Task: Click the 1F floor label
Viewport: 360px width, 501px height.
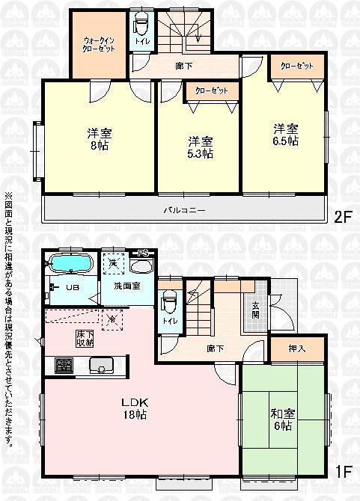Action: point(341,473)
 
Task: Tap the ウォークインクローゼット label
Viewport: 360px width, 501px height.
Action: point(98,43)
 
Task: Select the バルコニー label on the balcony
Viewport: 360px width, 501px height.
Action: point(185,210)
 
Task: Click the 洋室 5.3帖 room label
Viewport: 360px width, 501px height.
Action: point(198,147)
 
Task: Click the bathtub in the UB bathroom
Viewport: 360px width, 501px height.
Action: point(70,265)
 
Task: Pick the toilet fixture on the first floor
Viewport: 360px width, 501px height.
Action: point(169,302)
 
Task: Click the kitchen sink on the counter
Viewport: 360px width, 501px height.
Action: point(101,366)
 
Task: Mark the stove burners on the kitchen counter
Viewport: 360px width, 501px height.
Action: point(63,366)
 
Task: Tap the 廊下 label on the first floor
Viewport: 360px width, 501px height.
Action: point(216,348)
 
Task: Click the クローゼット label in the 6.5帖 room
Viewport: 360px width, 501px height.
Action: point(297,66)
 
